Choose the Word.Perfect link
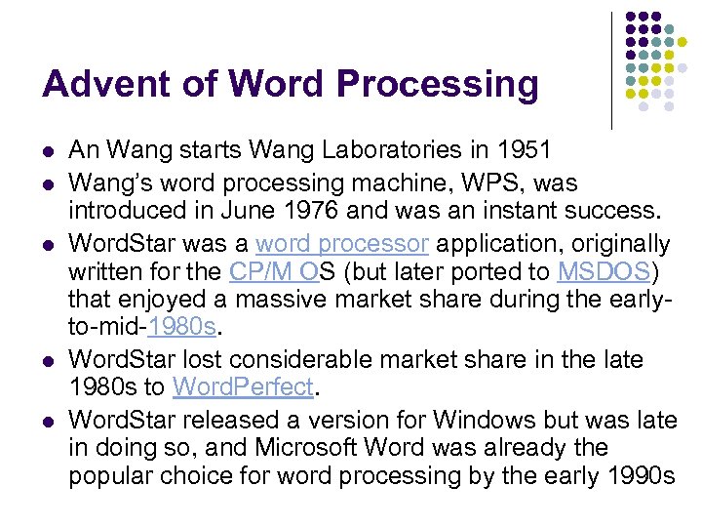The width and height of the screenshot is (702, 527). point(243,386)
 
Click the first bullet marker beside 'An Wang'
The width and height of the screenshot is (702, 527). point(49,151)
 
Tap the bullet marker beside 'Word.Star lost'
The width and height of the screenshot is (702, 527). point(49,361)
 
